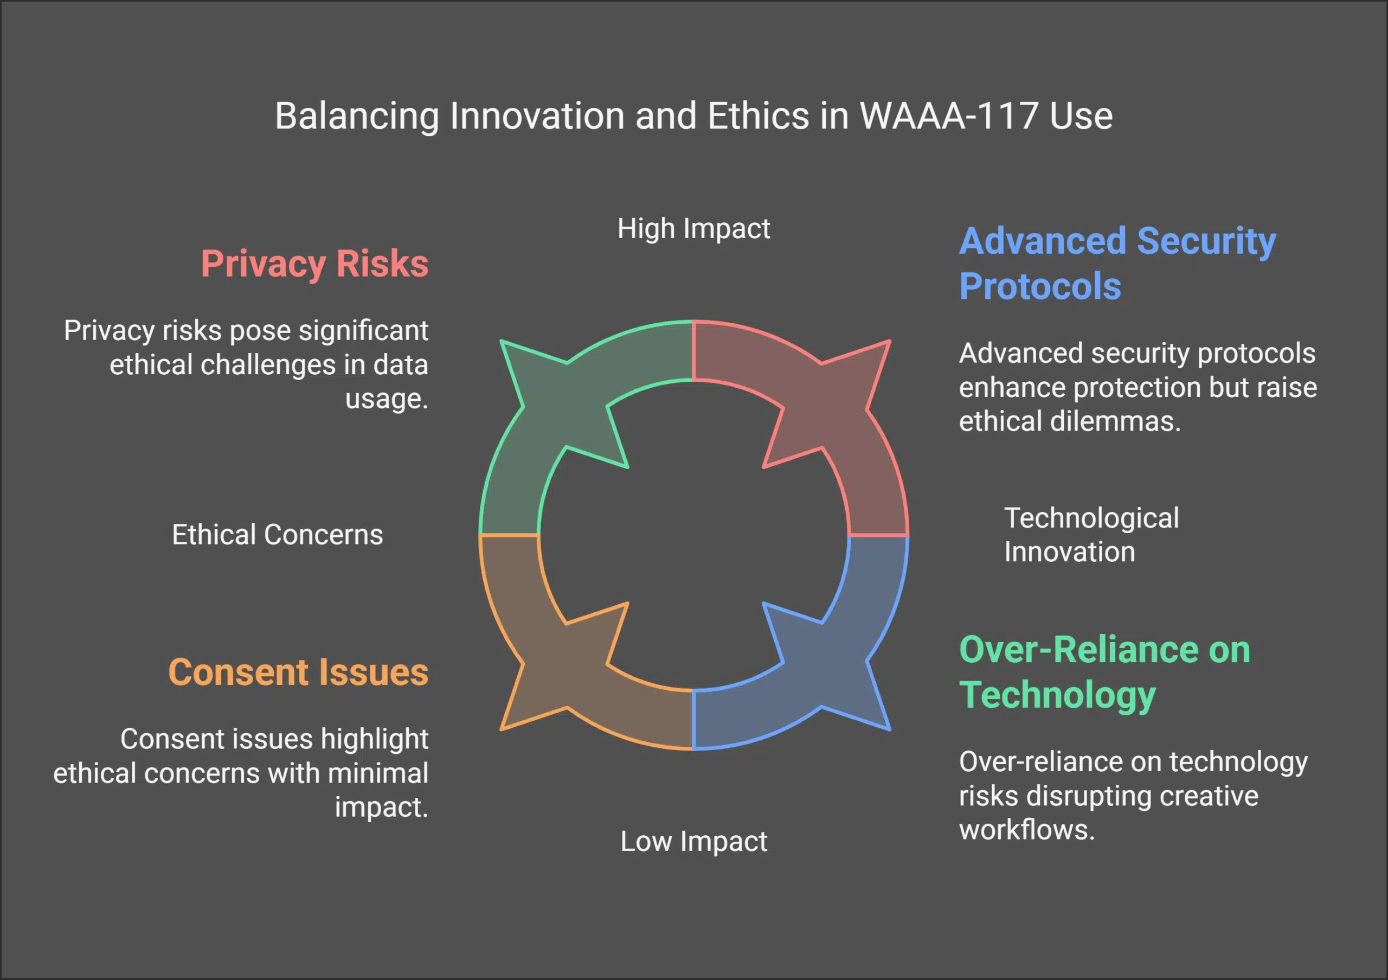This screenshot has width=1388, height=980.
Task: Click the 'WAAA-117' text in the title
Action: (948, 116)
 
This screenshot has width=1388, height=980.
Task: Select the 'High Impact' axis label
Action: (693, 228)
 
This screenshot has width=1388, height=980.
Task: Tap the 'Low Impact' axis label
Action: (693, 841)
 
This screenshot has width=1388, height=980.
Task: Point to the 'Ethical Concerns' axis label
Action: (278, 534)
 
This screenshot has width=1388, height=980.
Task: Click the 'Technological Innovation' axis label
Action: (1091, 534)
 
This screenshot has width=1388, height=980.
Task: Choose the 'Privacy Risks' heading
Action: (314, 264)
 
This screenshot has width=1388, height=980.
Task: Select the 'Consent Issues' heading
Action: (298, 672)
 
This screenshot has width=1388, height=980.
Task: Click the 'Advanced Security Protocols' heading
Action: (1116, 263)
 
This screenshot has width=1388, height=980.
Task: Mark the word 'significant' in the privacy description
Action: (363, 331)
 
